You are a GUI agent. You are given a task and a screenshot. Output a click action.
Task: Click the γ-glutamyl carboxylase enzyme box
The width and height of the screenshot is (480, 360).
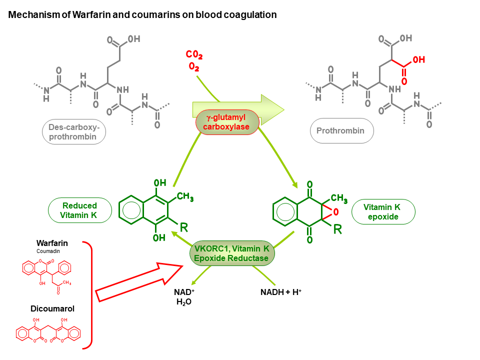227,122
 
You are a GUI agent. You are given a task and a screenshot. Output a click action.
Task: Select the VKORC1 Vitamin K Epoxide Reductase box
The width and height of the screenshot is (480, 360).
231,253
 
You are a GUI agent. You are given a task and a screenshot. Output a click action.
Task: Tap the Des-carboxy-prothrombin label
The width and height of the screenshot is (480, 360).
74,132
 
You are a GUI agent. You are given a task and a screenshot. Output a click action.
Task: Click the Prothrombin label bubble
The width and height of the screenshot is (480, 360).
341,130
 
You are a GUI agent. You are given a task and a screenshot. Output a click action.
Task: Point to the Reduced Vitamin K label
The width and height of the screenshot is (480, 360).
79,210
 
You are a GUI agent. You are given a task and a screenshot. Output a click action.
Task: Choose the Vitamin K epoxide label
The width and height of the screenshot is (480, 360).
383,212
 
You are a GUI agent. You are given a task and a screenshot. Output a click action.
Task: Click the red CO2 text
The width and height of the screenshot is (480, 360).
194,55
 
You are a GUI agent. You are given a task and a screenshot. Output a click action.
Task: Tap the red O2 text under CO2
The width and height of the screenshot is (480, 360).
194,66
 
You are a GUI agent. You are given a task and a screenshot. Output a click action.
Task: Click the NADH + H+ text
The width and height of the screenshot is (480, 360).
280,292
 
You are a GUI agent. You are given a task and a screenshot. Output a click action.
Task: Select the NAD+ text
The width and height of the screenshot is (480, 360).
184,292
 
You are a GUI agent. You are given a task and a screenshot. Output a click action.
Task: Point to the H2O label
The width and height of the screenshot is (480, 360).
184,302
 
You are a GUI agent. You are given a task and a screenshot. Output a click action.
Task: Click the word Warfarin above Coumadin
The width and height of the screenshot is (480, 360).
52,243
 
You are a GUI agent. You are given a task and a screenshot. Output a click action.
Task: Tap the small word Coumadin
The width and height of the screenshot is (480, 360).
48,251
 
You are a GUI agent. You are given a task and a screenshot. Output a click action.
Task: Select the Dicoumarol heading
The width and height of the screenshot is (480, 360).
52,308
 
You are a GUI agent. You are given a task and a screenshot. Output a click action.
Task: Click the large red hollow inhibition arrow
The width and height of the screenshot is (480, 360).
139,282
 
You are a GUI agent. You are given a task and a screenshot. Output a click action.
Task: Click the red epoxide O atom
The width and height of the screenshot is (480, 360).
336,212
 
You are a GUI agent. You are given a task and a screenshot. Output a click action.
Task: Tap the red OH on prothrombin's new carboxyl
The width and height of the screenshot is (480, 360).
419,59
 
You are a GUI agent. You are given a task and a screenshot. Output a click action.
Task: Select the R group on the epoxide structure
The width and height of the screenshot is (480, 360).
337,229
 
